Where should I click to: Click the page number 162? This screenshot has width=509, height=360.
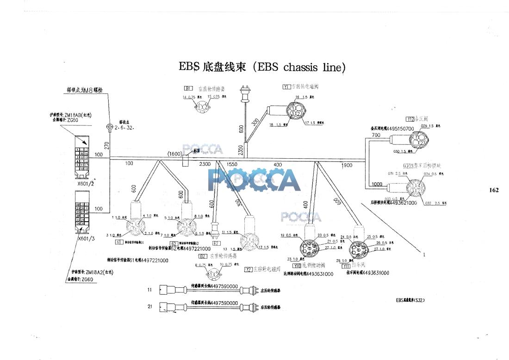coord(494,190)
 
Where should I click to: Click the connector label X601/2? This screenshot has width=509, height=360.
coord(87,183)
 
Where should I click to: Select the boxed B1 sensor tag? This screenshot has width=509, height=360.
coord(188,88)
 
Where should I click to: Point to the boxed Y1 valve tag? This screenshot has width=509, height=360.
coord(286,87)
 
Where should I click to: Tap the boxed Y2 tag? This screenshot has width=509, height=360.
coord(248,269)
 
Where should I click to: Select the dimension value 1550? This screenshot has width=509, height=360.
coord(232,165)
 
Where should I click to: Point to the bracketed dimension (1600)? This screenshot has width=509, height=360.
coord(174,154)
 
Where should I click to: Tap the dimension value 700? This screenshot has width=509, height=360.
coord(376,135)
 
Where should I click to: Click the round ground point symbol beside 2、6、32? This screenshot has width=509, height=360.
coord(110,126)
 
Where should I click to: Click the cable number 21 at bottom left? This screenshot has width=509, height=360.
coord(150,306)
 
